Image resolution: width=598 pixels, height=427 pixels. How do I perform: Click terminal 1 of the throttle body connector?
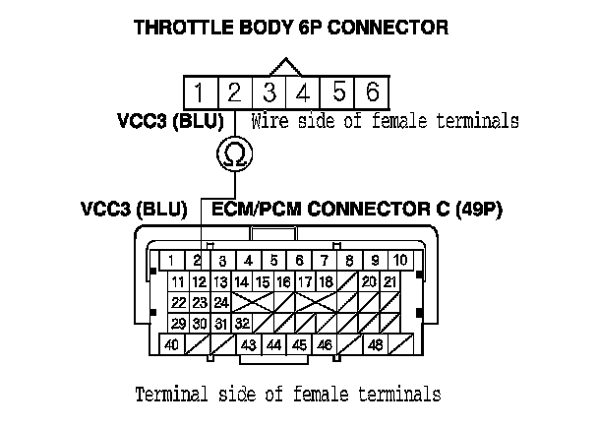click(199, 93)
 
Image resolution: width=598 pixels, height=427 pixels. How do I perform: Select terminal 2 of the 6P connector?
click(233, 93)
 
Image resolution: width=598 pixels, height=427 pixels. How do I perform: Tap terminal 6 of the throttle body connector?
click(372, 93)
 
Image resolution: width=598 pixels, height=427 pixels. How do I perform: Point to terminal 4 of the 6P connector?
click(303, 93)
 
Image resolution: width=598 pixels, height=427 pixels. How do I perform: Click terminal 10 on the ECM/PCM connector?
click(401, 261)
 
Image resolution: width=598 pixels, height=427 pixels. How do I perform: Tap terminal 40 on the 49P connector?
click(171, 345)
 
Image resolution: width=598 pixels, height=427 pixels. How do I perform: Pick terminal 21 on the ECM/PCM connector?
click(390, 282)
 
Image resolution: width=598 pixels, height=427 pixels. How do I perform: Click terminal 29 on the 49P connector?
click(178, 324)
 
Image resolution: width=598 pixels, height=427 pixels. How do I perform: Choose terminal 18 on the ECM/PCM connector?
click(325, 282)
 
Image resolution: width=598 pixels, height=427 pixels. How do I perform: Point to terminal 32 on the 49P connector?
click(242, 324)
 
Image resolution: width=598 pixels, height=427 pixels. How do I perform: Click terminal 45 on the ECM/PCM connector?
click(299, 345)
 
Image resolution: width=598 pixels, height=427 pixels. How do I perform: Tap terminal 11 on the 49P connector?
click(178, 282)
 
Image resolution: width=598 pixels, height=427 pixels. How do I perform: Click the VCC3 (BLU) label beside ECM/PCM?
click(134, 210)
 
